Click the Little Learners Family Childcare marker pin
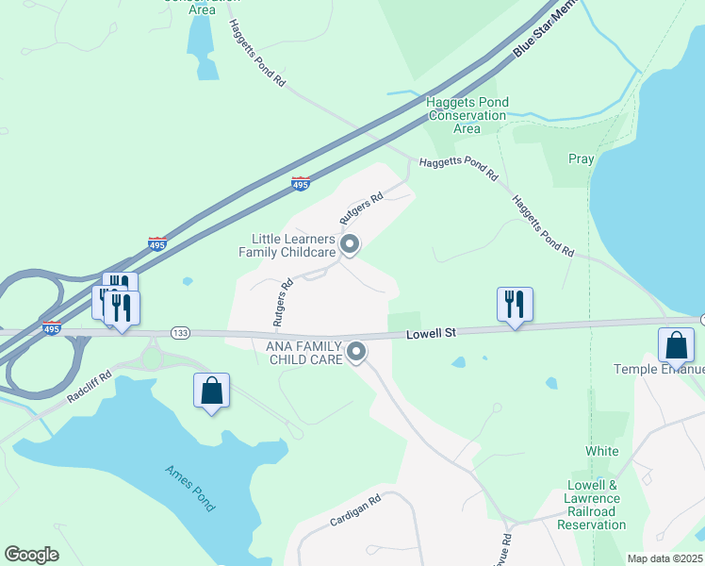pos(350,245)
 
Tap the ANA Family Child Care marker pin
pos(356,352)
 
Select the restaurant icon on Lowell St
pos(515,305)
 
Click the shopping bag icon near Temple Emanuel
pos(676,345)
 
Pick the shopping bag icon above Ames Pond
pos(211,391)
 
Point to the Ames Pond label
pos(191,488)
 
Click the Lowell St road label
pos(431,333)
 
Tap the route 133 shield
pos(181,333)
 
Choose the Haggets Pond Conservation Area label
pos(467,115)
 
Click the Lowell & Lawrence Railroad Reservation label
pos(591,498)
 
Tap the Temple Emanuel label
pos(659,369)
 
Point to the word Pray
pos(582,158)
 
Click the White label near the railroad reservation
pos(602,451)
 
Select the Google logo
pos(31,555)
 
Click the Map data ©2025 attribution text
pos(665,558)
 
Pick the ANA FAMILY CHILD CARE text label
pos(305,352)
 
